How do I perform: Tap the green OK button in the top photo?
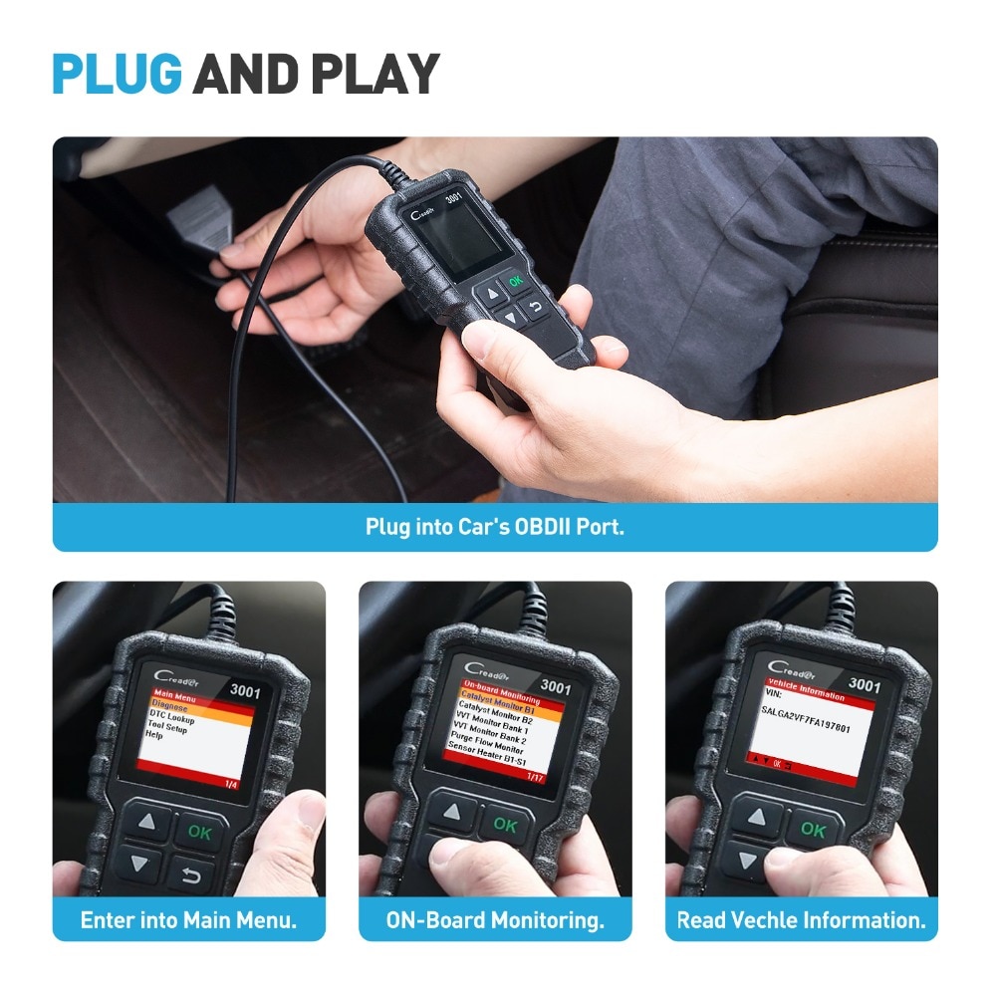(515, 281)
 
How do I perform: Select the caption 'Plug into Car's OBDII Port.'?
(494, 526)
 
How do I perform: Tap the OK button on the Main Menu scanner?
(200, 832)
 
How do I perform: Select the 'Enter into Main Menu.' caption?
(188, 919)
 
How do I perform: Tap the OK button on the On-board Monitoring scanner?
(505, 825)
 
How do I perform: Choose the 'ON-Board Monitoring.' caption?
(495, 919)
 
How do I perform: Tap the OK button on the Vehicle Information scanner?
(813, 829)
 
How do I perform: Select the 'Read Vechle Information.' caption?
(801, 919)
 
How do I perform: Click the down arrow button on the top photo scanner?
(510, 318)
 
